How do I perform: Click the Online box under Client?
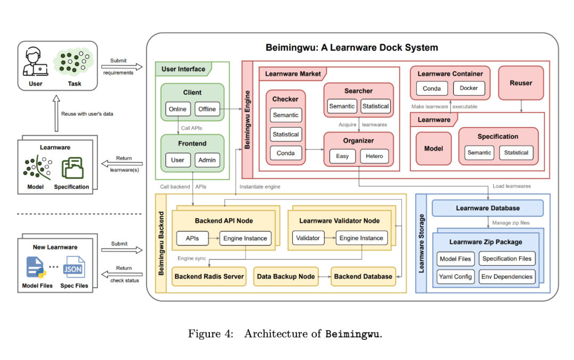[178, 109]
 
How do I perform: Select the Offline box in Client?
[207, 109]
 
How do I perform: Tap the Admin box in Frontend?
[207, 160]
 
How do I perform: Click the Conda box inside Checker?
[285, 153]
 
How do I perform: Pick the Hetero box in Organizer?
[374, 156]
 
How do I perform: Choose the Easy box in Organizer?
[342, 156]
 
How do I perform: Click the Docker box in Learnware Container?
[469, 88]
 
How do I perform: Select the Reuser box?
[520, 83]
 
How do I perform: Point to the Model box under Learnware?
[434, 148]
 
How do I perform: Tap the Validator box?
[308, 238]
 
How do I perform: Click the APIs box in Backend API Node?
[192, 238]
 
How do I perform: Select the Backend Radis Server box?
[209, 277]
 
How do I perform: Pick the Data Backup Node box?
[286, 277]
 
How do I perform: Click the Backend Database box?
[363, 277]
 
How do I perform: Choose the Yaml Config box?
[455, 277]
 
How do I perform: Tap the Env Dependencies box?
[507, 277]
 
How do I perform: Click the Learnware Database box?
[487, 208]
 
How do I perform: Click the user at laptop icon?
[35, 62]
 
